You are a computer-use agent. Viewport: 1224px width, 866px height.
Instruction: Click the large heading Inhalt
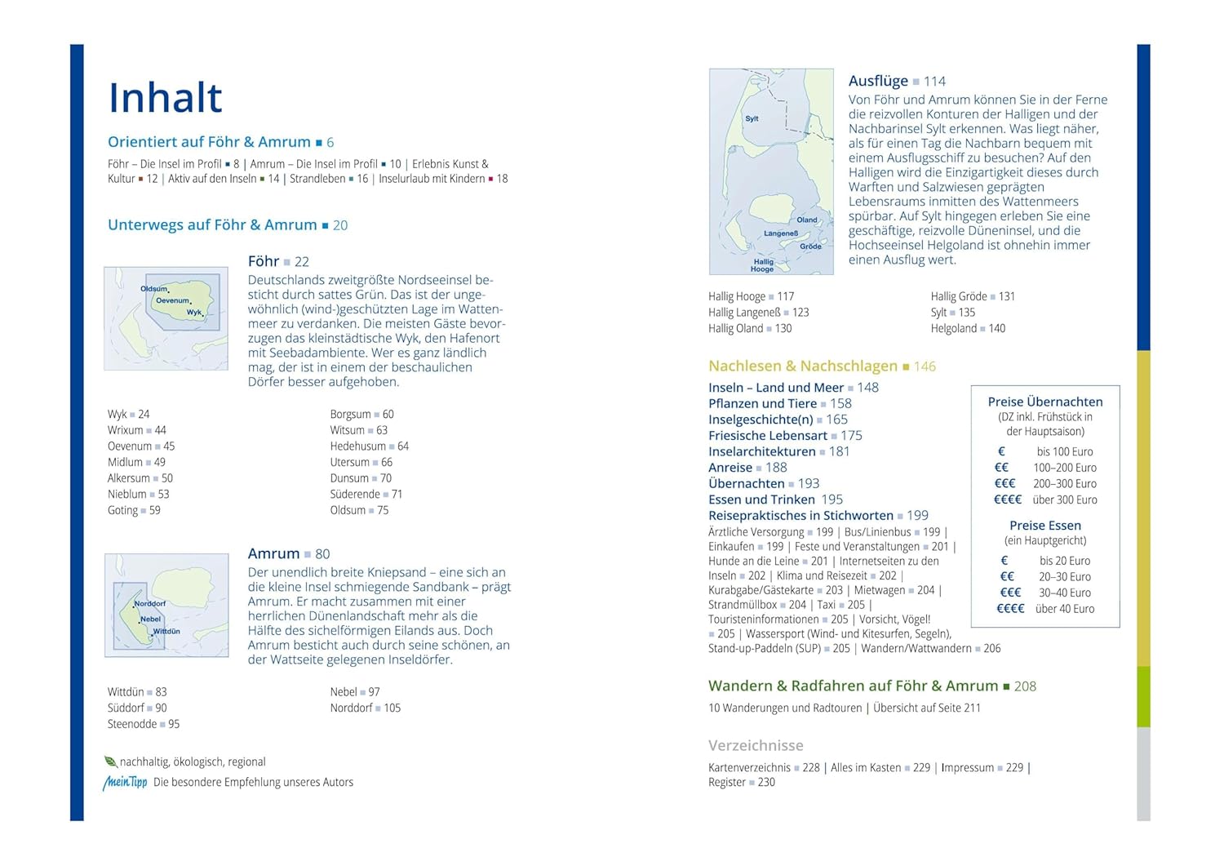coord(166,98)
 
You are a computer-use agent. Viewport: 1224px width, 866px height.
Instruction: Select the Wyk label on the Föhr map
coord(193,312)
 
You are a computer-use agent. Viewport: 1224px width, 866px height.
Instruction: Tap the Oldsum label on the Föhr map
coord(153,289)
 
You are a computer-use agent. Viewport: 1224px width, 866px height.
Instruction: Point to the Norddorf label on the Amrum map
coord(150,604)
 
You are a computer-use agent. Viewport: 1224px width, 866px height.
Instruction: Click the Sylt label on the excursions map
coord(752,119)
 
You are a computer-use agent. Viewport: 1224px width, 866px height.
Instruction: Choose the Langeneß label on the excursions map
coord(781,233)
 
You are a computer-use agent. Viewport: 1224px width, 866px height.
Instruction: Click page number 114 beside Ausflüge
coord(934,82)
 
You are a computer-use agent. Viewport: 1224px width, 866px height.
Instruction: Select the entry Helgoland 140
coord(968,328)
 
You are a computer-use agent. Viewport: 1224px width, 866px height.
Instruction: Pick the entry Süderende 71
coord(366,494)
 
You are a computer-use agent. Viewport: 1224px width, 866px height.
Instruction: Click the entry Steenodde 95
coord(144,724)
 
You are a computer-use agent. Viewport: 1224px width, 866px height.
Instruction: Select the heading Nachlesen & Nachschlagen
coord(803,366)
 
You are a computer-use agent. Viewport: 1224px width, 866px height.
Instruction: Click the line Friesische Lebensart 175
coord(785,436)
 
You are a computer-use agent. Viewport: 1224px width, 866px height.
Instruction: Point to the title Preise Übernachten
coord(1044,402)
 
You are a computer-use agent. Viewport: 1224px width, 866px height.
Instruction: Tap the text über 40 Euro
coord(1064,609)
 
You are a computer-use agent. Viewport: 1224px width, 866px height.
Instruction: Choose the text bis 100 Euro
coord(1064,451)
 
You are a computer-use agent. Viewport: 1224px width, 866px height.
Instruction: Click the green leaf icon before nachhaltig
coord(111,762)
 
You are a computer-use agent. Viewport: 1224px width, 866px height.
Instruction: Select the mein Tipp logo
coord(125,782)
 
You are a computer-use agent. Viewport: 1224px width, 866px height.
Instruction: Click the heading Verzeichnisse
coord(756,745)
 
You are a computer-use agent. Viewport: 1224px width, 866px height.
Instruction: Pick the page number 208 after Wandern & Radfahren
coord(1025,686)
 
